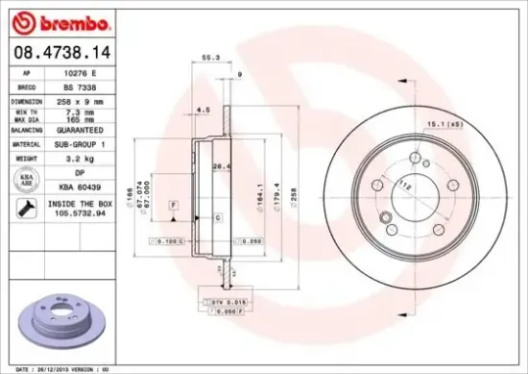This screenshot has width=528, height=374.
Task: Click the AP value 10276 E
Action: click(86, 73)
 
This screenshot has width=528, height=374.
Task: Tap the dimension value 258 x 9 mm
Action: click(86, 99)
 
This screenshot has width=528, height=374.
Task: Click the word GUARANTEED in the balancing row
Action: click(86, 128)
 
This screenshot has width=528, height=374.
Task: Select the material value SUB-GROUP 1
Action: click(86, 142)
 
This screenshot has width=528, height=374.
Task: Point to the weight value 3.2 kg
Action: click(86, 156)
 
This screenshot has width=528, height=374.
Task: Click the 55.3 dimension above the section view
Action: click(209, 59)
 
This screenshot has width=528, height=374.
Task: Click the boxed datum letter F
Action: click(173, 206)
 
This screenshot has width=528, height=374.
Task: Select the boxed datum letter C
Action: click(217, 219)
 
